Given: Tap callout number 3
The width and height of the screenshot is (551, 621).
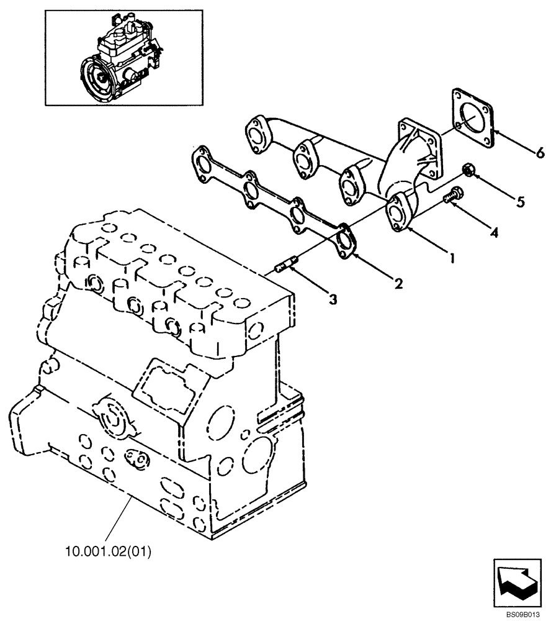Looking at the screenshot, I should (x=333, y=299).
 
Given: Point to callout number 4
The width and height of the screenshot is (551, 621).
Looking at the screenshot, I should (x=494, y=232).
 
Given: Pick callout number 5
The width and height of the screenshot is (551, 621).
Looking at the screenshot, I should (x=520, y=201).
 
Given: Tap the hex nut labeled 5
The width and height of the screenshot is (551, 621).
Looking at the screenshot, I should (x=469, y=171).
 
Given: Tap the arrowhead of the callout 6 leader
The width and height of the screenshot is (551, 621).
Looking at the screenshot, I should (x=496, y=133).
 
